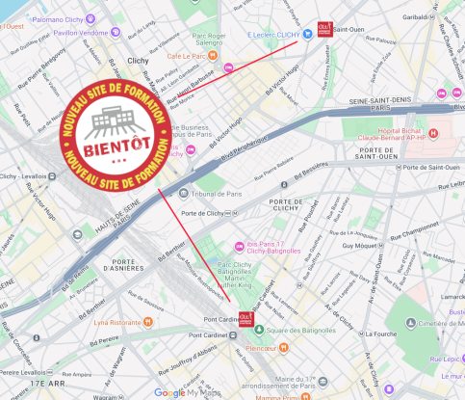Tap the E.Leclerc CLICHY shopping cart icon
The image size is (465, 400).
click(x=307, y=33)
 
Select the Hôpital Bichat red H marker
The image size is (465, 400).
click(x=431, y=133)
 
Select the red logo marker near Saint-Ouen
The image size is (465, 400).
click(x=326, y=29)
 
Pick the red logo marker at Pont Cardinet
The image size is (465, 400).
click(x=246, y=318)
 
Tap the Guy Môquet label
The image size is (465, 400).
click(x=361, y=245)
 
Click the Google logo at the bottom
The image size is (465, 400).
click(x=169, y=391)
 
